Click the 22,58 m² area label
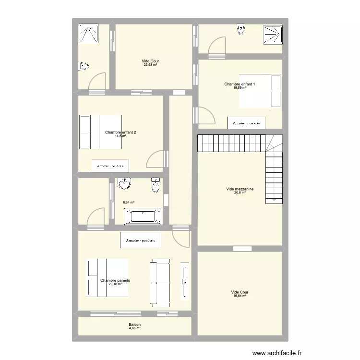pos(150,65)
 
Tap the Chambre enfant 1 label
pos(240,84)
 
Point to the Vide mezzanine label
pos(240,189)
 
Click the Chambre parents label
pos(115,280)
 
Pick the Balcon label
pos(135,325)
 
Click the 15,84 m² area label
pos(240,296)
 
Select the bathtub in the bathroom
pos(144,216)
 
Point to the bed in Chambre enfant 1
pos(260,91)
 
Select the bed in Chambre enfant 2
pos(100,131)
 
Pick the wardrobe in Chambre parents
pos(141,240)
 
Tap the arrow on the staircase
pos(274,199)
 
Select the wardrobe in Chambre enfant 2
pos(110,166)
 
